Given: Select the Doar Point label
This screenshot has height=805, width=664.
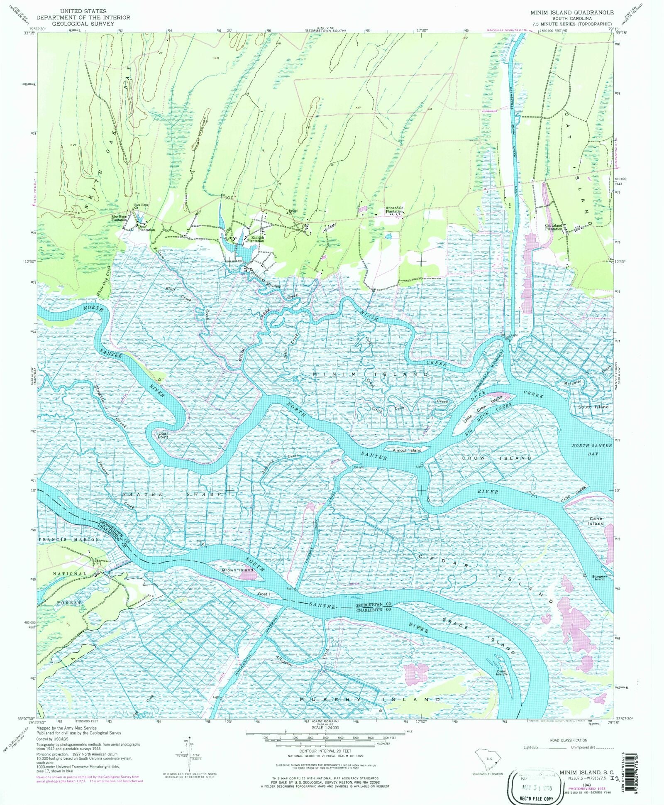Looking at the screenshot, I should [x=163, y=435].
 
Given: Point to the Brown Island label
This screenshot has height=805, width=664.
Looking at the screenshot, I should [x=237, y=570].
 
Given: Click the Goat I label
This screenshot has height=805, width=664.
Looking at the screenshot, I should [x=264, y=594].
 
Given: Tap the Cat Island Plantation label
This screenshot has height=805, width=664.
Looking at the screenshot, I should [x=554, y=227].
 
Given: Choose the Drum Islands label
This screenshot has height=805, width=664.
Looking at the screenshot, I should [x=502, y=673].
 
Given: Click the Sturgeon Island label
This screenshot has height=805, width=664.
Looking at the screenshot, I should [x=599, y=577].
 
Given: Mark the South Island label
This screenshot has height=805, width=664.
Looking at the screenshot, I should [x=593, y=407].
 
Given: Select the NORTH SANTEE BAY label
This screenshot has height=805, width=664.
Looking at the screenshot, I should [x=592, y=449].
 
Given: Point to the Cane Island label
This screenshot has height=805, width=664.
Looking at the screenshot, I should [x=596, y=521].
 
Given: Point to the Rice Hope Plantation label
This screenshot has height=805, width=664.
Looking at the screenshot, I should [x=119, y=218].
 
